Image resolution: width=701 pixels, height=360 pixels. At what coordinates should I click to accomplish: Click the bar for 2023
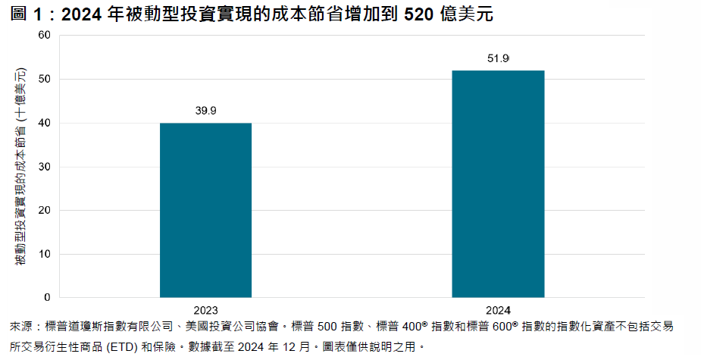[205, 210]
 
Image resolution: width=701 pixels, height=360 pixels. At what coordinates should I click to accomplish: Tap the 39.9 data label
[205, 111]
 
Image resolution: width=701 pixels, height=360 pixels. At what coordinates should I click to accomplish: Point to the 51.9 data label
[498, 58]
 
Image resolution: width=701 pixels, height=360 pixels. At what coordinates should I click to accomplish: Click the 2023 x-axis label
[205, 310]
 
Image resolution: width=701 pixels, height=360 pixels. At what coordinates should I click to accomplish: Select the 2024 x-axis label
[498, 310]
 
